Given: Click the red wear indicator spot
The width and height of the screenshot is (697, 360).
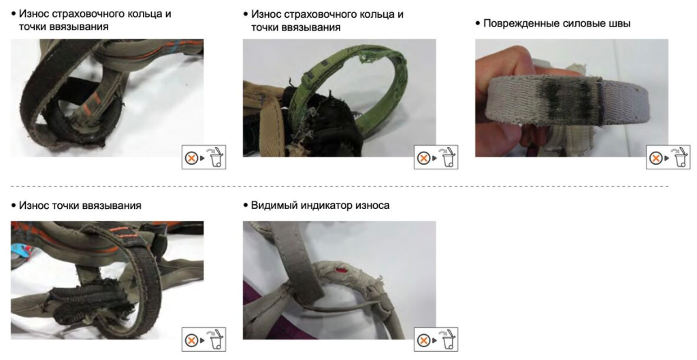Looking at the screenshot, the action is (x=342, y=269).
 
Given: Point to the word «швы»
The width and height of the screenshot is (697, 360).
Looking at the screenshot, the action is (x=619, y=23).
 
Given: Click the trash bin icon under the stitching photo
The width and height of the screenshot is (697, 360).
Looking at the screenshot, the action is (x=681, y=157).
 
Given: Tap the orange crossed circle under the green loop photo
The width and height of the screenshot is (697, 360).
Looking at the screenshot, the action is (x=423, y=158).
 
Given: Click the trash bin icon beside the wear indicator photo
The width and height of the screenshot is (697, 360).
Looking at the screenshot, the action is (x=448, y=340).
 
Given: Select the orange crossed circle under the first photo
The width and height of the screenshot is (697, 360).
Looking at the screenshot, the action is (x=191, y=158).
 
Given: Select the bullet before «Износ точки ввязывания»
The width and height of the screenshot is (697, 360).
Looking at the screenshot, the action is (x=14, y=206).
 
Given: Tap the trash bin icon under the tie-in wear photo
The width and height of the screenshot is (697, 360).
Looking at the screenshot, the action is (x=216, y=340).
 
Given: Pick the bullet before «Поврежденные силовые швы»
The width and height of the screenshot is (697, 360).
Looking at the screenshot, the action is (x=478, y=23).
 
